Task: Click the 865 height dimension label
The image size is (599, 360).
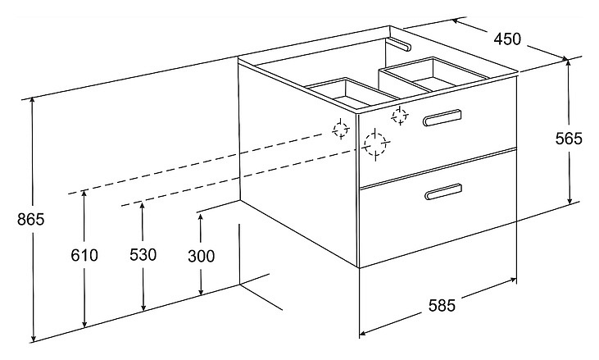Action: pyautogui.click(x=31, y=220)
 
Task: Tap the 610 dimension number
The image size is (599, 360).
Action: pyautogui.click(x=84, y=255)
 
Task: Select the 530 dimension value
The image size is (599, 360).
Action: pyautogui.click(x=143, y=254)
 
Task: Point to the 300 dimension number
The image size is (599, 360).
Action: pyautogui.click(x=202, y=256)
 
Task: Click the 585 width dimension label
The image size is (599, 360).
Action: pyautogui.click(x=442, y=305)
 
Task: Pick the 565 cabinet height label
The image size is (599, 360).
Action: pyautogui.click(x=569, y=139)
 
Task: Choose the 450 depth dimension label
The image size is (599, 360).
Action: pyautogui.click(x=507, y=39)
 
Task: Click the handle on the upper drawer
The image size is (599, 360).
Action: pyautogui.click(x=442, y=117)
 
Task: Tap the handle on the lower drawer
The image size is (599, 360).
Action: pyautogui.click(x=443, y=192)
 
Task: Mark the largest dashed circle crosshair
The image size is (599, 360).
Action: pyautogui.click(x=375, y=144)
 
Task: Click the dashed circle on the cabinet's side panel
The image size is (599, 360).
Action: pyautogui.click(x=340, y=130)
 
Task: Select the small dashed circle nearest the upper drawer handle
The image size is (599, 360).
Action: pyautogui.click(x=400, y=116)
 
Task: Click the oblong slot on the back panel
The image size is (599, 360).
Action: pyautogui.click(x=400, y=44)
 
